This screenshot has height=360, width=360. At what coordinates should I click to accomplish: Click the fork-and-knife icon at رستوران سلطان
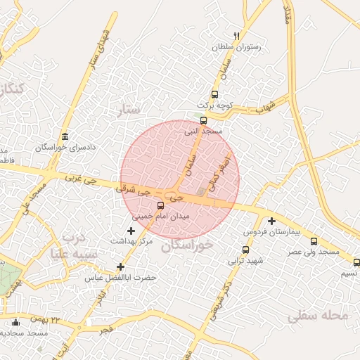click(x=236, y=36)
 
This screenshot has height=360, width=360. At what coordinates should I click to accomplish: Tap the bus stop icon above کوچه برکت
click(x=214, y=94)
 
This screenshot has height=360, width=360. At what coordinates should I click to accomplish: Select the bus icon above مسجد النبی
click(x=204, y=120)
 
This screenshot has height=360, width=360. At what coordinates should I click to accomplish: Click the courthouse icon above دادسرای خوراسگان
click(x=65, y=136)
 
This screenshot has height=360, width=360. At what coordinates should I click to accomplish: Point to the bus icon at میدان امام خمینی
click(x=161, y=205)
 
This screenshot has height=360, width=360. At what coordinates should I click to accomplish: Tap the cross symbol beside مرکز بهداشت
click(x=131, y=230)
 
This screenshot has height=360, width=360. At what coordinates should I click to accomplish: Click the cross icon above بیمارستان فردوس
click(x=271, y=221)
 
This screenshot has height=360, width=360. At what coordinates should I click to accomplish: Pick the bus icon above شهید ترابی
click(x=245, y=249)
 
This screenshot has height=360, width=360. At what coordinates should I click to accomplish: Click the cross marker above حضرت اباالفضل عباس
click(x=121, y=266)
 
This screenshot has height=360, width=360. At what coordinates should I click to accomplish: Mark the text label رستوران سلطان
click(x=237, y=47)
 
